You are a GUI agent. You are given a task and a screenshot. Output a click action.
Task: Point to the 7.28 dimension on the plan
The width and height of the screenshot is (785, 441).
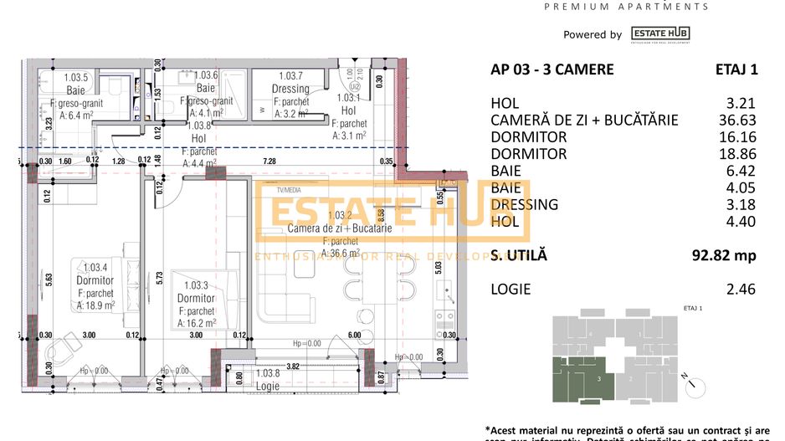click(269, 160)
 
